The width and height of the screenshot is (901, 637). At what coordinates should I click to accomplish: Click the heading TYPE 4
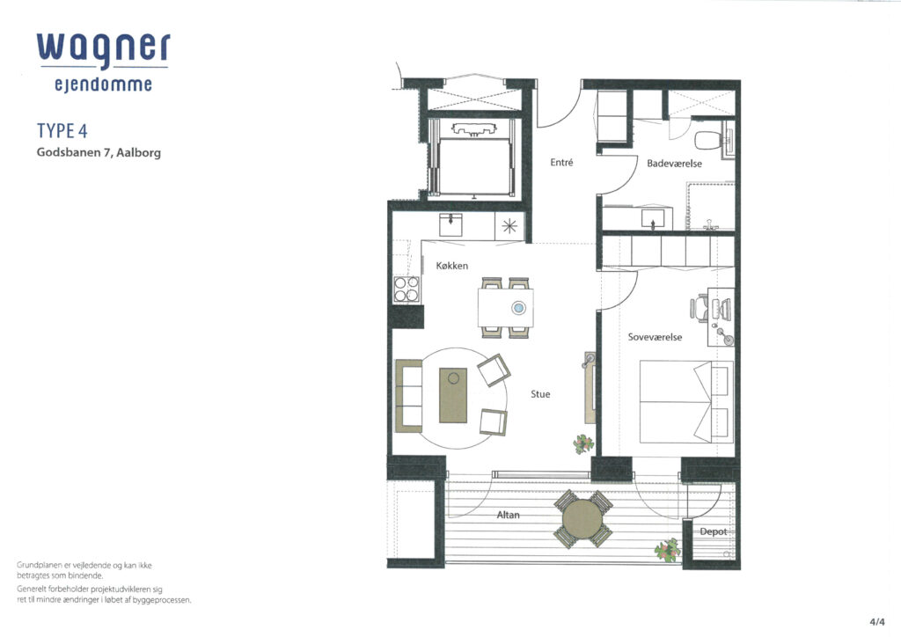click(62, 131)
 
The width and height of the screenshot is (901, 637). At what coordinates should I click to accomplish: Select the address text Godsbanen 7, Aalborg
click(99, 153)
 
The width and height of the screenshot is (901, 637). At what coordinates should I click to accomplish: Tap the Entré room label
click(561, 163)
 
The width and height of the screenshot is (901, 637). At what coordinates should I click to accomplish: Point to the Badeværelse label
click(674, 164)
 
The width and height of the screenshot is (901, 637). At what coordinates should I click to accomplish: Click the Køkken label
click(451, 266)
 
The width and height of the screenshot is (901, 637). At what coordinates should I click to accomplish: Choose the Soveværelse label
click(655, 337)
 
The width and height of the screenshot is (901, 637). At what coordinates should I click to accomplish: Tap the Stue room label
click(540, 394)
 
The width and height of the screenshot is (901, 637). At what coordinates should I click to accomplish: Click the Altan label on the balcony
click(508, 516)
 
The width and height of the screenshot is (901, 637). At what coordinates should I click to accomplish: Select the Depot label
click(713, 532)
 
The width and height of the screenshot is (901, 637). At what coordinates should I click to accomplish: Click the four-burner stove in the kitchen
click(407, 289)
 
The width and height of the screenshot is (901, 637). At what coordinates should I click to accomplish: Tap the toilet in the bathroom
click(711, 140)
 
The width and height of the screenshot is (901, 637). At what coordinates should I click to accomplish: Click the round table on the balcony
click(582, 519)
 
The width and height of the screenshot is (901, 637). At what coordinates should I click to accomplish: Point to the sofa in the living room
click(408, 396)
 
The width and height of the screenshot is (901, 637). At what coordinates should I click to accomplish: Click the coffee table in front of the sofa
click(453, 395)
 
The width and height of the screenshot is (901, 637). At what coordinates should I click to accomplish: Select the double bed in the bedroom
click(686, 402)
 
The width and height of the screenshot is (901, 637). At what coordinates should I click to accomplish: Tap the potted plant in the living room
click(583, 444)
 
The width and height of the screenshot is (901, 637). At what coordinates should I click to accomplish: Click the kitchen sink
click(451, 224)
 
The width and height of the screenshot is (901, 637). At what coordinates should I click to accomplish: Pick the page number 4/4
click(877, 621)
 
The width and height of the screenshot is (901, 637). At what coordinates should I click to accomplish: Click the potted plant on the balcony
click(668, 550)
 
